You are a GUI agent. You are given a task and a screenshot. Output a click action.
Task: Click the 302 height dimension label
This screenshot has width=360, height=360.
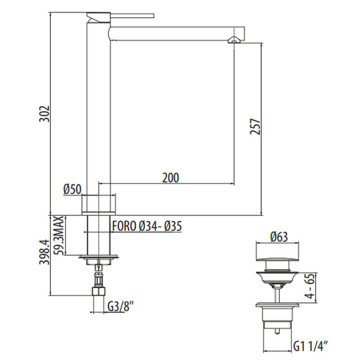(x=44, y=114)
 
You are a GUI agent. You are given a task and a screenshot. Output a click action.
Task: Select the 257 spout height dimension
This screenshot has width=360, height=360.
(x=255, y=127)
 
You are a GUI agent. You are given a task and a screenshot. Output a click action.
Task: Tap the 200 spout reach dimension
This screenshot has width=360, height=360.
(x=171, y=178)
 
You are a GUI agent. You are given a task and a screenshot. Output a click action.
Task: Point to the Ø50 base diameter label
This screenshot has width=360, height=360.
(x=73, y=190)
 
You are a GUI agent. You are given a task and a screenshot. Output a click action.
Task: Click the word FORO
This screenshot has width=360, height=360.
(x=124, y=226)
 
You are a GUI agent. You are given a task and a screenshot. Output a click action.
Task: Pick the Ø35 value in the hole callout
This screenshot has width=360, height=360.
(x=173, y=226)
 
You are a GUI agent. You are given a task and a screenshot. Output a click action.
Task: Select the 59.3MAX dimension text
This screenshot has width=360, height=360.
(x=60, y=235)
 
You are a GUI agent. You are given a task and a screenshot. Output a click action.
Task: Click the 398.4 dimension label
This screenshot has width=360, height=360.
(x=44, y=252)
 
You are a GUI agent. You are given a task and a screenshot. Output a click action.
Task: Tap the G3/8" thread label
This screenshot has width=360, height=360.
(x=120, y=307)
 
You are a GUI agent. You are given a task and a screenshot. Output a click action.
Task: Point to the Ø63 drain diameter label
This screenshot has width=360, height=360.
(x=279, y=237)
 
